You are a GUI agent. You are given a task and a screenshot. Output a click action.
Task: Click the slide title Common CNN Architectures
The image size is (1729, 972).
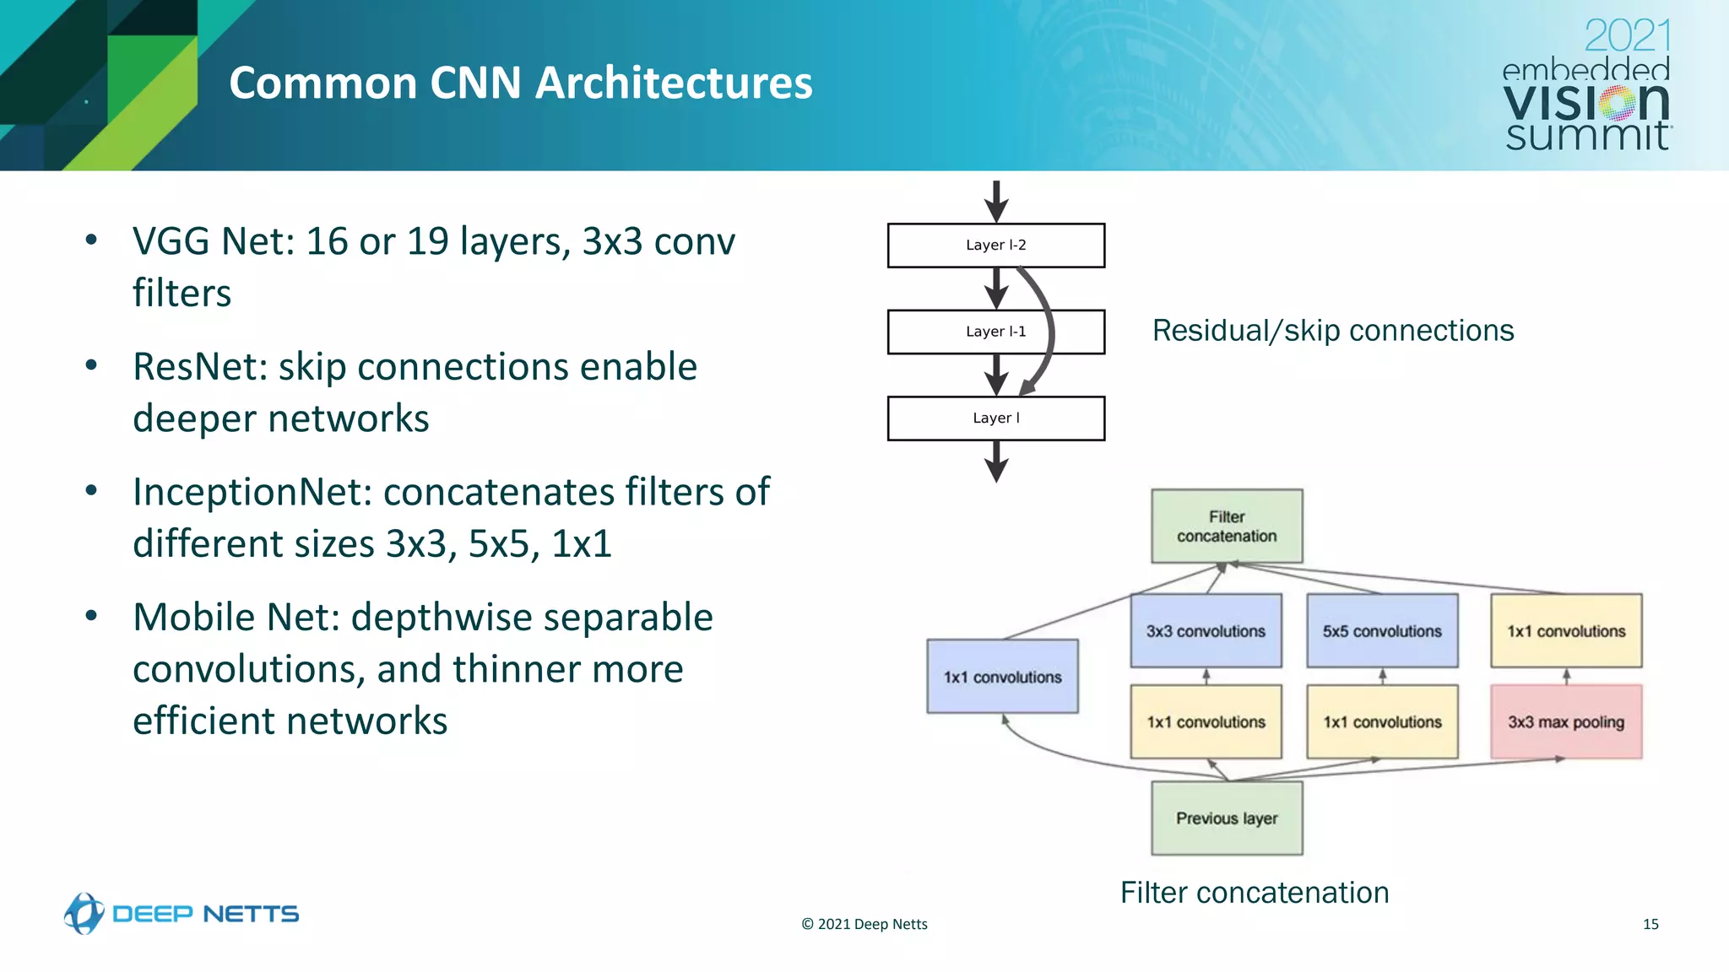(520, 83)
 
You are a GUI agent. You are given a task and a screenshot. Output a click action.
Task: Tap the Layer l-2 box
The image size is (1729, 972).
(995, 245)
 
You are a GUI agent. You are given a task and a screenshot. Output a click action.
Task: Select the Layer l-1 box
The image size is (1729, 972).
(995, 332)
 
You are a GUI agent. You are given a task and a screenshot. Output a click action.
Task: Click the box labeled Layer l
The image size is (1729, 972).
(995, 418)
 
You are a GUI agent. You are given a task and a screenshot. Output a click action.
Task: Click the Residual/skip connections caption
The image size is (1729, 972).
(1332, 331)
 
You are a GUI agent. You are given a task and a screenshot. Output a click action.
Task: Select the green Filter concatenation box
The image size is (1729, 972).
(1226, 526)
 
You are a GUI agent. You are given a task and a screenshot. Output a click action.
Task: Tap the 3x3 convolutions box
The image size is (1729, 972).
(1206, 631)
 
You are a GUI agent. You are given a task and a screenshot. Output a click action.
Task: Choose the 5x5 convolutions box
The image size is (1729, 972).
(1382, 631)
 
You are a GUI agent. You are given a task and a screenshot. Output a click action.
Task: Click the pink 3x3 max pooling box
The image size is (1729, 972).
(1566, 722)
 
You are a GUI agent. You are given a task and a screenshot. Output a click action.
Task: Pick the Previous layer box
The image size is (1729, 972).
(1226, 818)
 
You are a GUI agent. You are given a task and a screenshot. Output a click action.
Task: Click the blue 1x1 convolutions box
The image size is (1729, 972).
(1002, 677)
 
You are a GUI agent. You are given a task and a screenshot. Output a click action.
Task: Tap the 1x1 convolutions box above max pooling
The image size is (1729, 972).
(1566, 631)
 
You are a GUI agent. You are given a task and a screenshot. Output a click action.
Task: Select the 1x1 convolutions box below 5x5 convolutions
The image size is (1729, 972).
(1382, 722)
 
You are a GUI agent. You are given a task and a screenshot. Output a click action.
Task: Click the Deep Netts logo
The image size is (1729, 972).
(182, 914)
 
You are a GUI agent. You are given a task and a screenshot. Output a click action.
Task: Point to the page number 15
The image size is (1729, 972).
(1650, 925)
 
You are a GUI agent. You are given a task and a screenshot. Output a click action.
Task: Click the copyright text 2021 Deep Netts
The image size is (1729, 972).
(864, 925)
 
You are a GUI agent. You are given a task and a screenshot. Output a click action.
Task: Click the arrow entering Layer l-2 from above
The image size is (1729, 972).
(996, 202)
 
